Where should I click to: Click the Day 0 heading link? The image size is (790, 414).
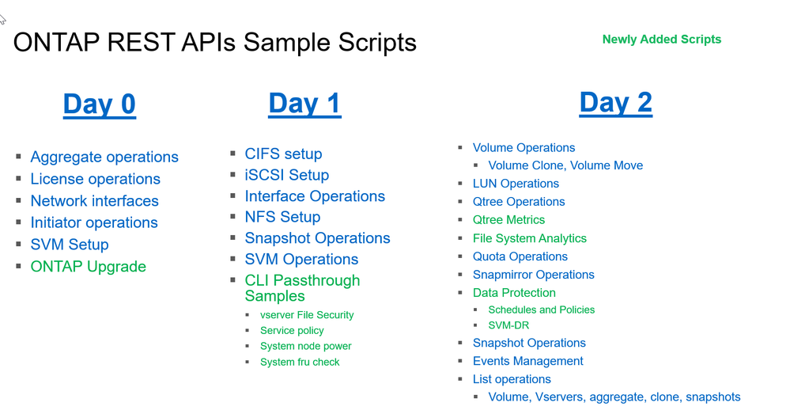point(100,104)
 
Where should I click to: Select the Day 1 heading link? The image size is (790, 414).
point(304,103)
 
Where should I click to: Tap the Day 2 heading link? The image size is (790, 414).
point(615,102)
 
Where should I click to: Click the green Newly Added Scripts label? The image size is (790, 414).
point(661,39)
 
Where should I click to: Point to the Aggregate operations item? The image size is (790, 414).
point(104,157)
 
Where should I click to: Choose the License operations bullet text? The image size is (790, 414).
point(95,179)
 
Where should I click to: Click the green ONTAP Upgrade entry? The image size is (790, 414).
point(88,267)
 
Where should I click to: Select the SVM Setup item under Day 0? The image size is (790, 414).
point(70,245)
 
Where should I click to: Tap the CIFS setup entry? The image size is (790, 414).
point(283,154)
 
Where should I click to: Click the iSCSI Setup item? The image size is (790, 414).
point(286,175)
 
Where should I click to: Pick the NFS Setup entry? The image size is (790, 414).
point(282,217)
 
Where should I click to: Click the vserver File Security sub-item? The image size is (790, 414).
point(307,315)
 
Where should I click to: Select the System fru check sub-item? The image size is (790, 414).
point(300,362)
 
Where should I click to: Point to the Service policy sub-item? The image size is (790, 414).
point(292,331)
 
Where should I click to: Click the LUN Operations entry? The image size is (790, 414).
point(516,184)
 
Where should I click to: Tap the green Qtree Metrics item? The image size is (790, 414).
point(508,220)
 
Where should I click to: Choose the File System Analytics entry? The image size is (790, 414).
point(529,238)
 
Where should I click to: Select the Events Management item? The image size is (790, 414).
point(527,361)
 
